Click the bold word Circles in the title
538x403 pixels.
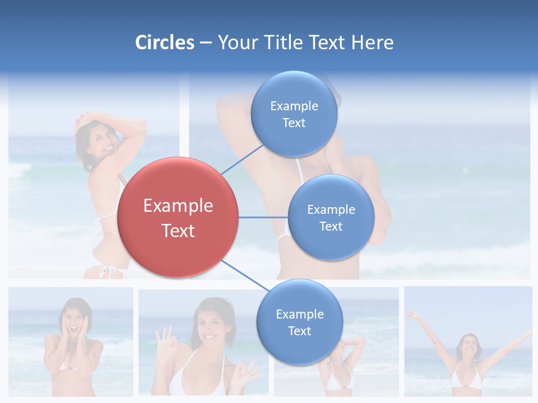coord(164,43)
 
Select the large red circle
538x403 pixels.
coord(178,217)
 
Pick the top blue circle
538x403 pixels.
coord(294,114)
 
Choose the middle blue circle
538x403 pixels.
coord(331,217)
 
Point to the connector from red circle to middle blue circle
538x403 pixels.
coord(263,217)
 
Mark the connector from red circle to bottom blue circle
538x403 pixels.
coord(245,275)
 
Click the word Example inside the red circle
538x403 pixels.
coord(178,206)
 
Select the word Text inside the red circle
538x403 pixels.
coord(178,231)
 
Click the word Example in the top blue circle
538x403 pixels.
coord(294,106)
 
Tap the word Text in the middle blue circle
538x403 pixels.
coord(331,226)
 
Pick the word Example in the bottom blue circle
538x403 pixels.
coord(299,314)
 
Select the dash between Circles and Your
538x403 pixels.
coord(205,43)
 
